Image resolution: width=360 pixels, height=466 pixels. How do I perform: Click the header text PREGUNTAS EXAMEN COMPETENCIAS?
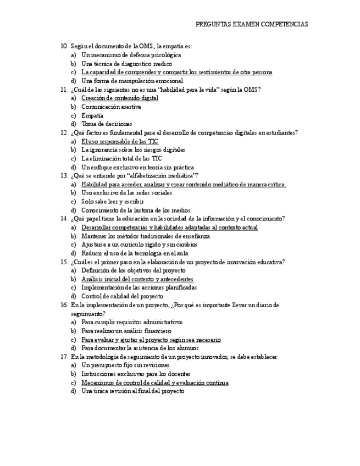click(252, 24)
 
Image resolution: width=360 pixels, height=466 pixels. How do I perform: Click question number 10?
click(64, 46)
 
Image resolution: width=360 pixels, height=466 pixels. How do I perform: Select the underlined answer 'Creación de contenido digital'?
click(119, 98)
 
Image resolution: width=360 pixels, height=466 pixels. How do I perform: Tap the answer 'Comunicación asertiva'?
click(111, 107)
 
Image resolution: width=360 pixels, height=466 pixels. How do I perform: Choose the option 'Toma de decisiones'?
click(107, 124)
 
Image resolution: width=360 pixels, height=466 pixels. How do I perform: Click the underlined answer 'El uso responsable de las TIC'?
click(120, 141)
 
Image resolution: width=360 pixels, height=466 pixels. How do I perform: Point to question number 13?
click(64, 176)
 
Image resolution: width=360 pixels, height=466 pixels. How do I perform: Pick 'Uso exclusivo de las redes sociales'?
click(126, 193)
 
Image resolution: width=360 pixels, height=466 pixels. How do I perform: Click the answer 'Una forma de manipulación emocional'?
click(132, 81)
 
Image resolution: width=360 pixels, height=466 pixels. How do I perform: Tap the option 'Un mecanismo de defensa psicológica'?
click(131, 55)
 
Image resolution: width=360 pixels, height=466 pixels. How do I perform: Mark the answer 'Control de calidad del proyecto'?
click(122, 296)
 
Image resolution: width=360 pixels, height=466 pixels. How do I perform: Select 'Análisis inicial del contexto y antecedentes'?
click(137, 279)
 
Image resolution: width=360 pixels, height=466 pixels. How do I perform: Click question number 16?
click(64, 305)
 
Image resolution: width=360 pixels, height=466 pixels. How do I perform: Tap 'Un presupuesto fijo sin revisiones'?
click(125, 365)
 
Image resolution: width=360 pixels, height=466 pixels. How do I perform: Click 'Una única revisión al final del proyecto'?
click(132, 391)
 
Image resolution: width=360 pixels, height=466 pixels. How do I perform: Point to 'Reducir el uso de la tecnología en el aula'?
click(135, 253)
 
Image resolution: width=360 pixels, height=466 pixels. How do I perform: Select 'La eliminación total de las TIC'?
click(121, 158)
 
